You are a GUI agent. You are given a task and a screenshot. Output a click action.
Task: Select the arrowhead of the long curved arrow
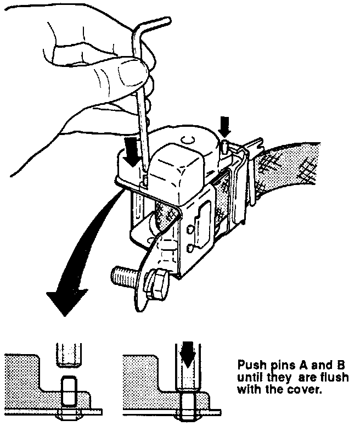(66, 299)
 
